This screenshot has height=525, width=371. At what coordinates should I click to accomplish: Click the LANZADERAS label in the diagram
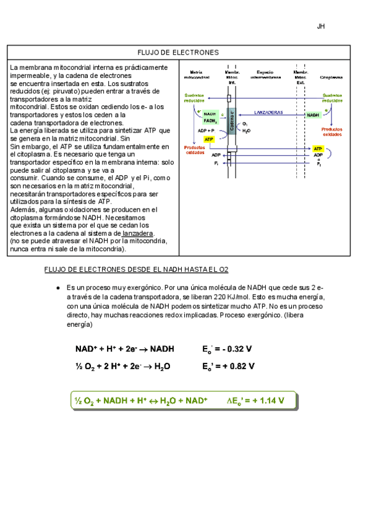click(x=268, y=112)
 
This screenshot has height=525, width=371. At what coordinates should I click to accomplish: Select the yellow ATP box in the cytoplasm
click(x=318, y=149)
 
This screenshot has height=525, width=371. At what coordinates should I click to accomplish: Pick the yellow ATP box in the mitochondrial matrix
click(x=209, y=140)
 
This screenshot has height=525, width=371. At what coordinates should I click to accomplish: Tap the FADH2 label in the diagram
click(x=210, y=121)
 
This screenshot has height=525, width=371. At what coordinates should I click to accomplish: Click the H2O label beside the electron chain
click(x=247, y=131)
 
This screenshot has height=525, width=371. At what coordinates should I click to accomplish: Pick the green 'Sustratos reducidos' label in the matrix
click(x=195, y=97)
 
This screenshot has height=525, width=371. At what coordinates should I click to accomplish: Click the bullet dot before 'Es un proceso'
click(x=57, y=289)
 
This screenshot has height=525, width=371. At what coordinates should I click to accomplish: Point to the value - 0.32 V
click(x=233, y=349)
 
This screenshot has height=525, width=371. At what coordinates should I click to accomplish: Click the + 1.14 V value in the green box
click(x=264, y=401)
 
